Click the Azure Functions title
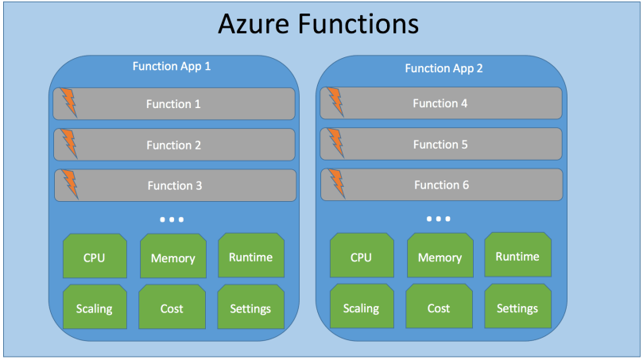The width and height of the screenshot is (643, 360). (x=318, y=25)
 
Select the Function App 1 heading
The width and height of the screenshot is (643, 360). (x=172, y=66)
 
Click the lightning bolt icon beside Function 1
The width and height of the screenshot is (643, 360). (x=69, y=103)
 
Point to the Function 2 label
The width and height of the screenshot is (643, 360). (x=174, y=145)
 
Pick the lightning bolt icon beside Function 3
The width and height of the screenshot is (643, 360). (x=70, y=184)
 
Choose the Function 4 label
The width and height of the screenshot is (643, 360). (x=440, y=103)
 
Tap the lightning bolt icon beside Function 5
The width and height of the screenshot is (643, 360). (x=336, y=144)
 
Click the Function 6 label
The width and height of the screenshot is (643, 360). (x=441, y=185)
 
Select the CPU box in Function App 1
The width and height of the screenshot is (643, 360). (x=95, y=257)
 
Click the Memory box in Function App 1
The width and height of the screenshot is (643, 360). (x=172, y=257)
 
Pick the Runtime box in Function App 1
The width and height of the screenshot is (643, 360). (x=250, y=256)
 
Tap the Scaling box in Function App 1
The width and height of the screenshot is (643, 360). (x=95, y=308)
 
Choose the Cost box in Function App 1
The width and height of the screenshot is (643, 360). (x=172, y=308)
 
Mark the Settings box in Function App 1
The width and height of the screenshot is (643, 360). (x=250, y=308)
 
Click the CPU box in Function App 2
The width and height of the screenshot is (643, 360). (x=362, y=257)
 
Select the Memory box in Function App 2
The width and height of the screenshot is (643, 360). (x=440, y=257)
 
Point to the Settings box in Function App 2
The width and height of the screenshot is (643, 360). (x=517, y=308)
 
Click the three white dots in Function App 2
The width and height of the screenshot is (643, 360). (x=439, y=219)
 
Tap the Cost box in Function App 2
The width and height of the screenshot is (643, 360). (x=439, y=308)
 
